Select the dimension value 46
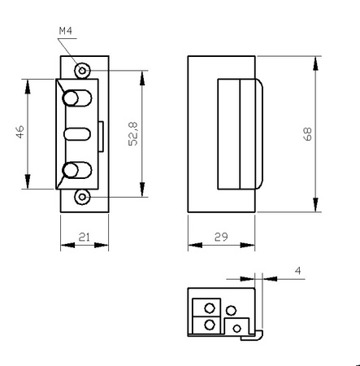[x=21, y=133]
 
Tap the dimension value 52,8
[x=134, y=134]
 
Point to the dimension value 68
[x=309, y=133]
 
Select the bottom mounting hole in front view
[x=80, y=198]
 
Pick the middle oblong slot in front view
[x=76, y=133]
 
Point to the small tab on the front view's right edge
[x=101, y=134]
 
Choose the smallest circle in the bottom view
[x=236, y=327]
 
